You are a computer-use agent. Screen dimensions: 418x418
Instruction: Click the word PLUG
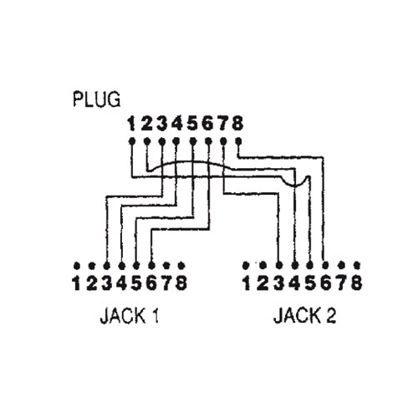pyautogui.click(x=96, y=99)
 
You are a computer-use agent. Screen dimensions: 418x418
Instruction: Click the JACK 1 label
pyautogui.click(x=130, y=316)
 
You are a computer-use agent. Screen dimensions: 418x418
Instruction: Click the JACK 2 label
pyautogui.click(x=304, y=316)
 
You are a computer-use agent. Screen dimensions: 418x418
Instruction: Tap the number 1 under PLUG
pyautogui.click(x=131, y=124)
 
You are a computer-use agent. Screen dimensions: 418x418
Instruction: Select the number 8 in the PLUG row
pyautogui.click(x=237, y=124)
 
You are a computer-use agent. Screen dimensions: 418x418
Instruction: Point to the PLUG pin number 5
pyautogui.click(x=192, y=124)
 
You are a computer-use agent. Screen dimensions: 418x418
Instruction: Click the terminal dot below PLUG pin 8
pyautogui.click(x=238, y=141)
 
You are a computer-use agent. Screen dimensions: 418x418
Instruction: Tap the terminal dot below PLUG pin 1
pyautogui.click(x=132, y=141)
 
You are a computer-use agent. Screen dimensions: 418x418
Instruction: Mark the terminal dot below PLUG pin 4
pyautogui.click(x=176, y=141)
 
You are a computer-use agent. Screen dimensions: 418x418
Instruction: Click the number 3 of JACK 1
pyautogui.click(x=106, y=283)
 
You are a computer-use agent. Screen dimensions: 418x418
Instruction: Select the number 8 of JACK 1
pyautogui.click(x=181, y=283)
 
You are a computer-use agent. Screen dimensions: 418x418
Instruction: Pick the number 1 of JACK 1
pyautogui.click(x=77, y=283)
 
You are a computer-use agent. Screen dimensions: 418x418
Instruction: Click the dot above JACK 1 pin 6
pyautogui.click(x=151, y=265)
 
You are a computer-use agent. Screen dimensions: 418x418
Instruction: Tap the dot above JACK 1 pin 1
pyautogui.click(x=77, y=265)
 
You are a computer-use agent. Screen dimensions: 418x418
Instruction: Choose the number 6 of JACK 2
pyautogui.click(x=325, y=283)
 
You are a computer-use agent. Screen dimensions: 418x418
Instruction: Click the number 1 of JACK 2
pyautogui.click(x=247, y=283)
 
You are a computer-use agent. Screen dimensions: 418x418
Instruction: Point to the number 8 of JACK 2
pyautogui.click(x=356, y=283)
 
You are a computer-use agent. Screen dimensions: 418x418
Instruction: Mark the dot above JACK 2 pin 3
pyautogui.click(x=279, y=265)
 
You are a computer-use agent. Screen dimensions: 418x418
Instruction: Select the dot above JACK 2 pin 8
pyautogui.click(x=357, y=265)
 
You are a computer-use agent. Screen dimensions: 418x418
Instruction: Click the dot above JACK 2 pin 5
pyautogui.click(x=310, y=265)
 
